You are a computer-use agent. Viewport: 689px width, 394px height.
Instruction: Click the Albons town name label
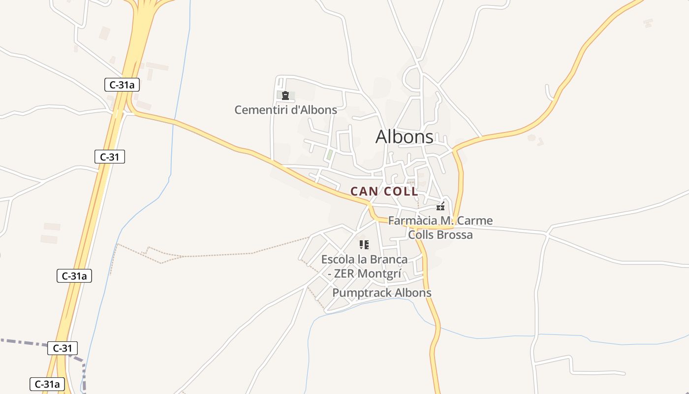[x=404, y=137]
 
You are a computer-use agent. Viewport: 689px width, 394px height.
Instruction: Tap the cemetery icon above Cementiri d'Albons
[x=285, y=96]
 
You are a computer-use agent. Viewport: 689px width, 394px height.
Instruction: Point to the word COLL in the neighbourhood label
[x=401, y=191]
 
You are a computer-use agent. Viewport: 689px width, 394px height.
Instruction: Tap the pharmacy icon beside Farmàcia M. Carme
[x=440, y=206]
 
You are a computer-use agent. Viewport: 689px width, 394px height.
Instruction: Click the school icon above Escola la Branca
[x=364, y=244]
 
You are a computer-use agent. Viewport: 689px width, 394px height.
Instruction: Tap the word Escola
[x=337, y=259]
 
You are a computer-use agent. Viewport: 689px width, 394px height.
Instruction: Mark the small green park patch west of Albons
[x=330, y=155]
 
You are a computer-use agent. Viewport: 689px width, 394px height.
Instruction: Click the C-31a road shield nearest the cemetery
[x=122, y=85]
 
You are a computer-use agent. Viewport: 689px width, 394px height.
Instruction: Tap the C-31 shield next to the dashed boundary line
[x=63, y=348]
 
